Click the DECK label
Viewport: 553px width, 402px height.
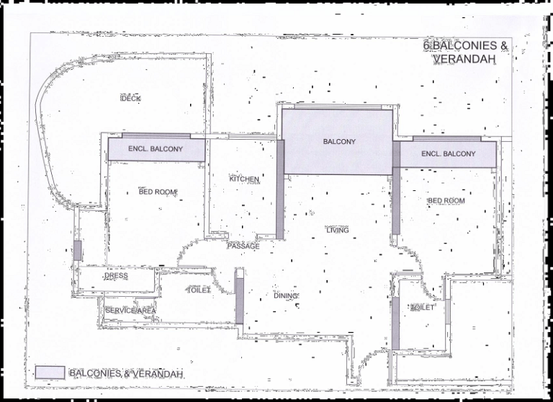point(130,98)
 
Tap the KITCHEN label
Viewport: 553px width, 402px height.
point(244,179)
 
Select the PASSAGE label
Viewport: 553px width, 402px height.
point(243,246)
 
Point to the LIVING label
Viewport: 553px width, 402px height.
point(337,231)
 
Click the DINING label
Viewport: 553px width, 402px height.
point(286,295)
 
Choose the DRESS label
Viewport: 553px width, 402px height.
point(116,276)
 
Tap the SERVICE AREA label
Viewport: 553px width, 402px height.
point(130,311)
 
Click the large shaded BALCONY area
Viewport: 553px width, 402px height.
point(337,142)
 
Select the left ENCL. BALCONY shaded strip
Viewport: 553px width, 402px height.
point(156,149)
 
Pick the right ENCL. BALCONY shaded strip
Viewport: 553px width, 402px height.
point(448,154)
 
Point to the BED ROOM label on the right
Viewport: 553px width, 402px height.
point(446,201)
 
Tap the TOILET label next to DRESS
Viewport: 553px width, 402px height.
point(199,290)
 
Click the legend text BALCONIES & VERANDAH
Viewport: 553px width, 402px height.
point(126,373)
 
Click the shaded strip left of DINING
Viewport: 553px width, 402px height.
point(239,296)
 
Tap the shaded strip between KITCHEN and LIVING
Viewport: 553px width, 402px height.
point(280,189)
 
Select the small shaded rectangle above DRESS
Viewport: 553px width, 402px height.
point(77,250)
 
